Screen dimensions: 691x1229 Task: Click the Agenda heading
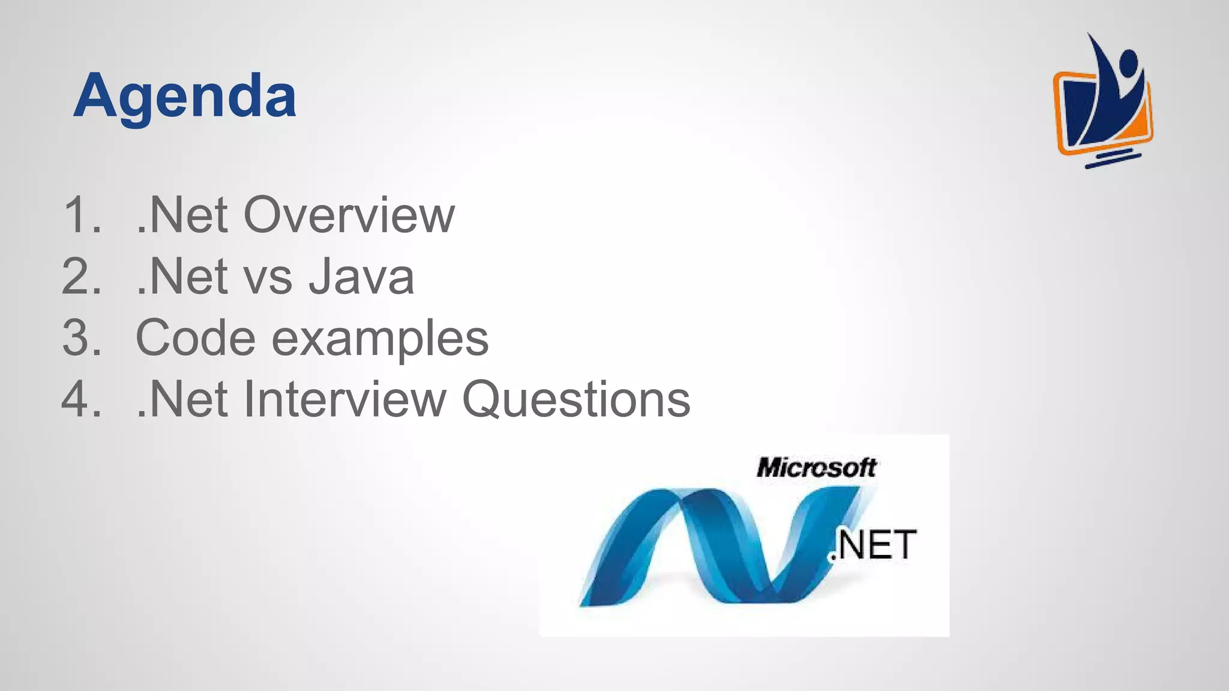coord(185,96)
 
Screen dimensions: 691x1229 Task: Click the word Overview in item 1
coord(349,215)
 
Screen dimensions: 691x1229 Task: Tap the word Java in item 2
coord(361,277)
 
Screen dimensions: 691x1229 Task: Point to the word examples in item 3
coord(380,340)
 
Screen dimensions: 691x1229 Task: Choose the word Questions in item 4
coord(576,400)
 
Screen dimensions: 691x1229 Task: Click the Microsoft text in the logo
coord(816,467)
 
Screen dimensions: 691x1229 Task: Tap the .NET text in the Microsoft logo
coord(873,545)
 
